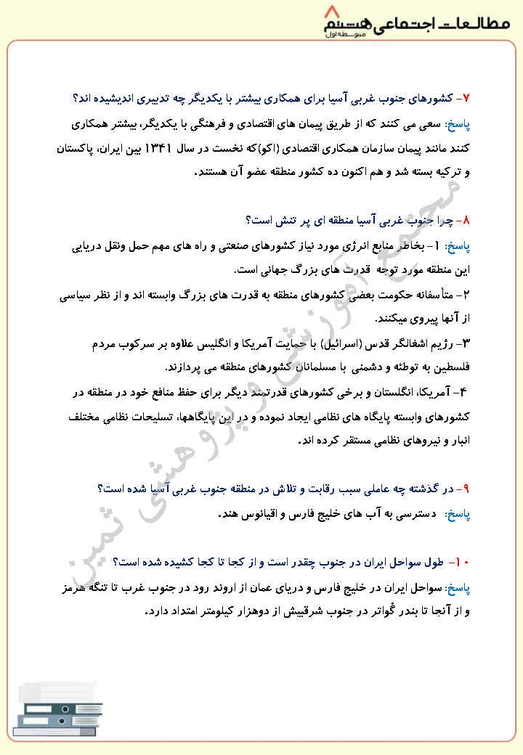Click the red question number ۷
(467, 97)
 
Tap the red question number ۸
(467, 219)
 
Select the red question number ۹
(467, 489)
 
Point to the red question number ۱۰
(463, 562)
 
